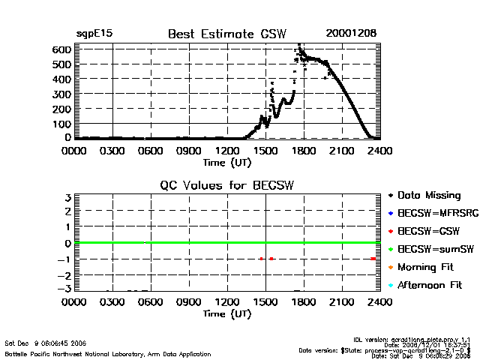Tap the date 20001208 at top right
[x=351, y=34]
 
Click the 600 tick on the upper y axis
[x=61, y=49]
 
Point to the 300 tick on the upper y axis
[x=61, y=94]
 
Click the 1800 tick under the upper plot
[x=304, y=151]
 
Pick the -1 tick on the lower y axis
[x=64, y=259]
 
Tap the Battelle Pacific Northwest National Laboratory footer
[x=108, y=353]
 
